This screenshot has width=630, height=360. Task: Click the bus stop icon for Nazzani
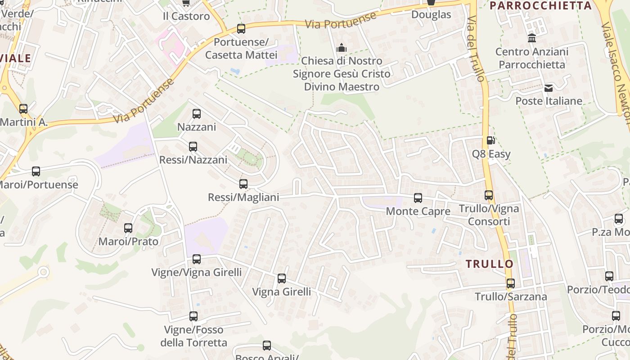(197, 114)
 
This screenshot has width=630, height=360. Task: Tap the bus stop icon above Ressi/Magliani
(243, 184)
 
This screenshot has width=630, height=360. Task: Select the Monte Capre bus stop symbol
(418, 198)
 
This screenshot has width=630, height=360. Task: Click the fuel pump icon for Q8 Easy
(491, 141)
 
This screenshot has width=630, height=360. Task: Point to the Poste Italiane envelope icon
(549, 88)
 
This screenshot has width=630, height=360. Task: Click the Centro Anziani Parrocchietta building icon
(532, 38)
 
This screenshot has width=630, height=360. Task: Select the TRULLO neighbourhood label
(490, 264)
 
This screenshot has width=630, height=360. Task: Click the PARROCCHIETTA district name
(540, 6)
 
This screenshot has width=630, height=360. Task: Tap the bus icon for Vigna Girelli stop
(282, 279)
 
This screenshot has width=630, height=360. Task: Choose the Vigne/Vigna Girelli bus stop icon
(197, 259)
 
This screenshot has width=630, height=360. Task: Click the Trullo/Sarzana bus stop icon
(511, 283)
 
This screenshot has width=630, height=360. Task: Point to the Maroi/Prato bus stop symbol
(128, 228)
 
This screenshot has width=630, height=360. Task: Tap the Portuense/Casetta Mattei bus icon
(241, 29)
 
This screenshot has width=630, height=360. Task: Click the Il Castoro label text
(186, 16)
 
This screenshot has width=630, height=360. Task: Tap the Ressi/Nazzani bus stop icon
(193, 147)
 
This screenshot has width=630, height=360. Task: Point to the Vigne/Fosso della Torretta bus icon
(193, 316)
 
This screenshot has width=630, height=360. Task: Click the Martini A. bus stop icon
(23, 109)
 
